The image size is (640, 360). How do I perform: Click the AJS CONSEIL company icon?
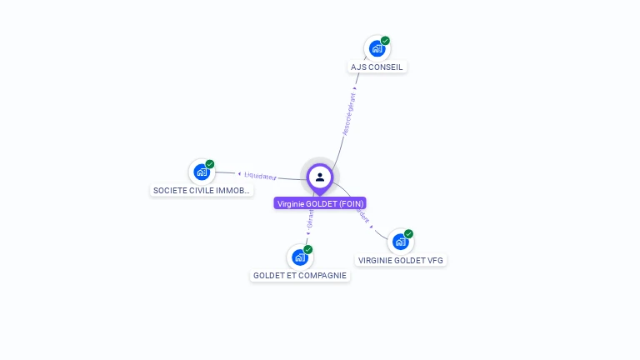(x=377, y=49)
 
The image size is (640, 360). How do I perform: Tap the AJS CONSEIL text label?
(x=377, y=67)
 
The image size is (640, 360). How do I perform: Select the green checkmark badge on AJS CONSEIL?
(x=385, y=41)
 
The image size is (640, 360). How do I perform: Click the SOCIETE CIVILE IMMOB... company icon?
(x=202, y=172)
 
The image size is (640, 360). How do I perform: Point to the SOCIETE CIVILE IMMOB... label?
(x=202, y=190)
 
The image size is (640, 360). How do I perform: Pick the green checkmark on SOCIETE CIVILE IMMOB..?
(x=210, y=164)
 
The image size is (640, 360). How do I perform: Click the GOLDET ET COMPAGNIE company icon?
(x=300, y=257)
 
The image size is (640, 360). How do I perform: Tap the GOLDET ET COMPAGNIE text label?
(x=300, y=275)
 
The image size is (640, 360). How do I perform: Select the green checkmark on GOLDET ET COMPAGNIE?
(x=308, y=249)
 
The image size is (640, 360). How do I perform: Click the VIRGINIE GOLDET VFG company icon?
(x=401, y=242)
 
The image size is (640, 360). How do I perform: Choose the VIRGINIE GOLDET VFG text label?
(x=401, y=260)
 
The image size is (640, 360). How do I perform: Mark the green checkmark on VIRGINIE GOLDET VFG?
(x=408, y=234)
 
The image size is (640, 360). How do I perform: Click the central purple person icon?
(x=320, y=177)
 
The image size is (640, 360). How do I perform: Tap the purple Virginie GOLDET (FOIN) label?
(x=320, y=203)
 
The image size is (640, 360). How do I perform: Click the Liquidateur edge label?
(x=260, y=176)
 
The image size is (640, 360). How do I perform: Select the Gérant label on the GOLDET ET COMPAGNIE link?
(x=311, y=219)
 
